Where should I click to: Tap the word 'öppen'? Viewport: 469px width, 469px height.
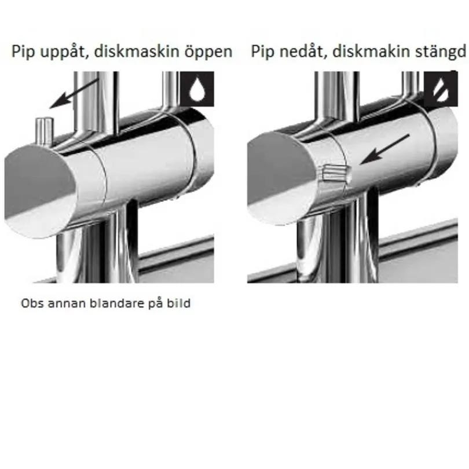208,52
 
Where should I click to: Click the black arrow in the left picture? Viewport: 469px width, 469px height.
74,93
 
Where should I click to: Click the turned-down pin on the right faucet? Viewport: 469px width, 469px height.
335,172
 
